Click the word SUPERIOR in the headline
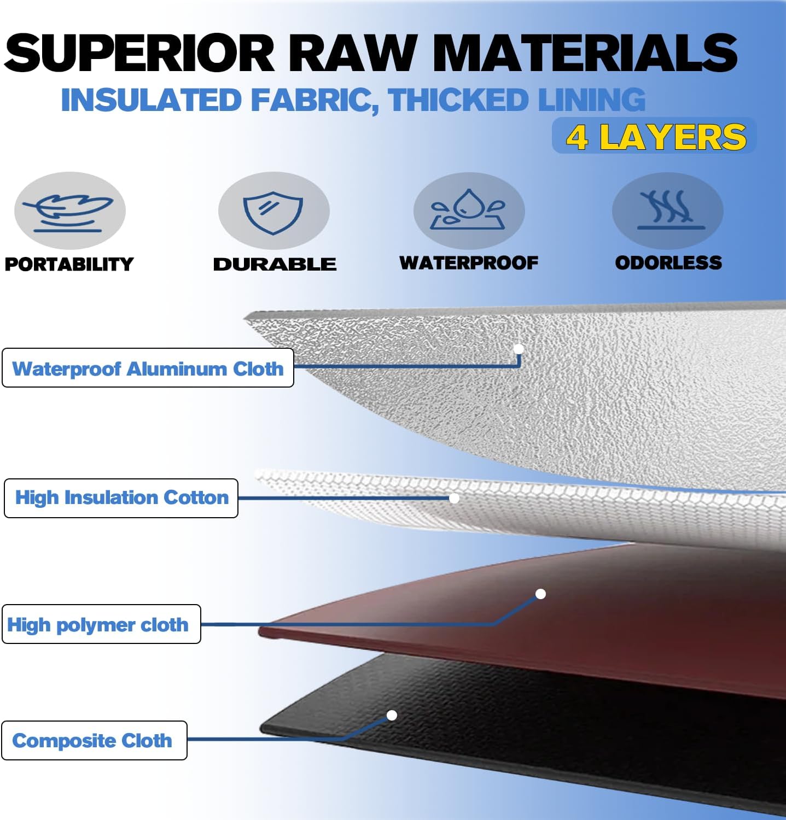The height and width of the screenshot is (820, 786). click(x=139, y=52)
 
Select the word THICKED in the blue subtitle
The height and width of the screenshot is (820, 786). click(x=458, y=100)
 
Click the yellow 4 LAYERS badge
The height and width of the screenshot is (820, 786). click(x=655, y=136)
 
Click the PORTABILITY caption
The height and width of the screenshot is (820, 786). click(x=69, y=264)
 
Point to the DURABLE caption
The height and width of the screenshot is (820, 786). click(x=275, y=264)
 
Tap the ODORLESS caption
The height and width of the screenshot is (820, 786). click(x=668, y=263)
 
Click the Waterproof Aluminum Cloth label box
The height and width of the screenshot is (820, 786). click(x=148, y=368)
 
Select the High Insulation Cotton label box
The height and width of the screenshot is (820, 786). click(x=121, y=498)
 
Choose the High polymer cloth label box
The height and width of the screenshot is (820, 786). click(x=101, y=624)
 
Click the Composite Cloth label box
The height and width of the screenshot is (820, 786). click(x=94, y=740)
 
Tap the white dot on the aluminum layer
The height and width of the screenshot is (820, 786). click(x=519, y=349)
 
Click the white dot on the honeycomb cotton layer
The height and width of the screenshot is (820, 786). click(x=454, y=498)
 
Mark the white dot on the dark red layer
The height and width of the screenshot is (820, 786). click(x=540, y=594)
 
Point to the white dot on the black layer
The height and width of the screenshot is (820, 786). click(x=392, y=715)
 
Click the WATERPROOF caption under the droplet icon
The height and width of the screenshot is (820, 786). click(x=469, y=263)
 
